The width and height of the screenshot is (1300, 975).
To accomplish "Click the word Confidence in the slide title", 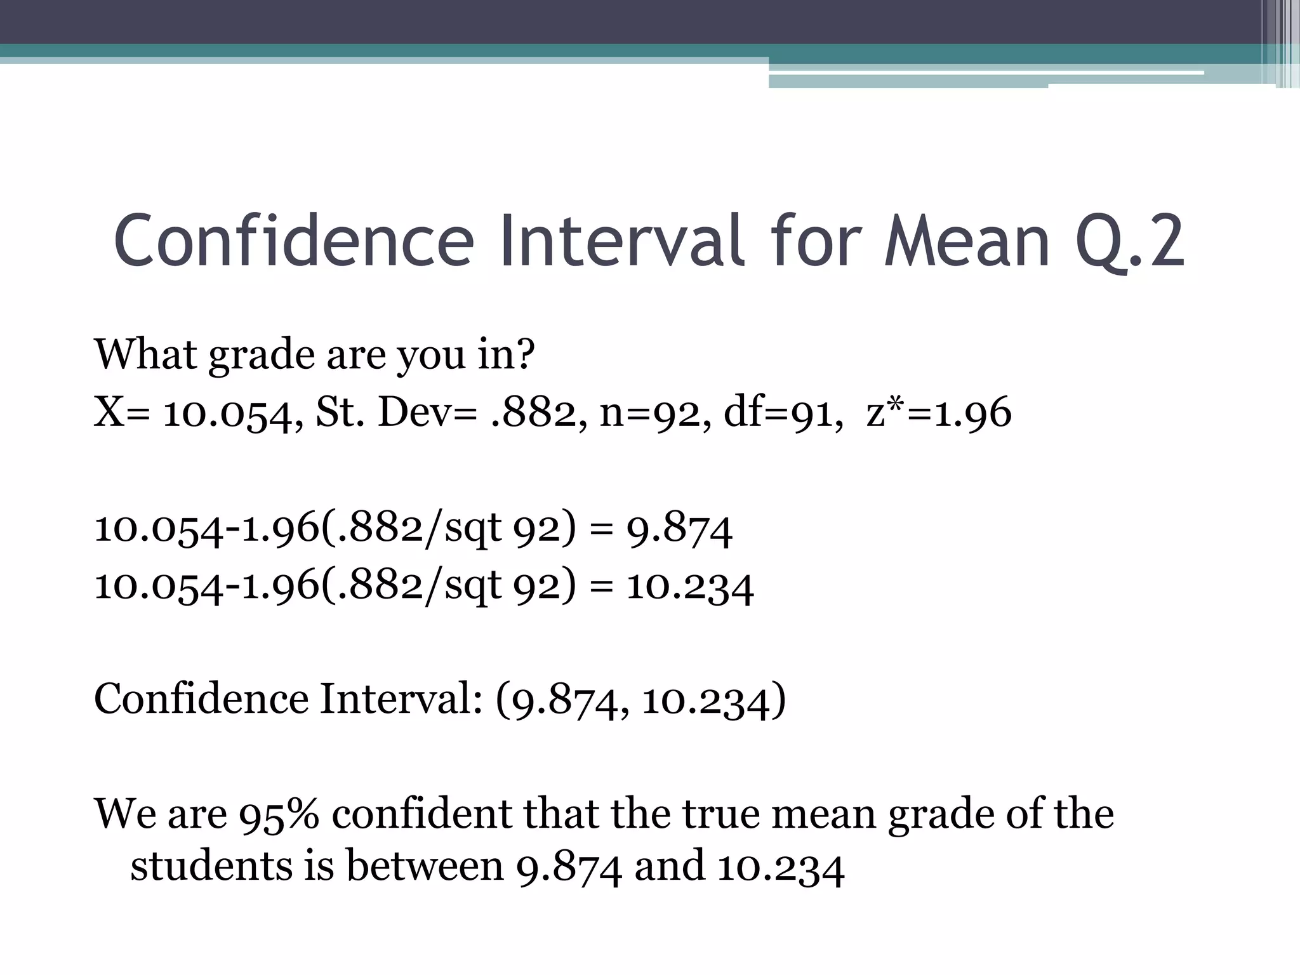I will [x=294, y=242].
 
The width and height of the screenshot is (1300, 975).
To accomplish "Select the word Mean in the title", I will [x=966, y=242].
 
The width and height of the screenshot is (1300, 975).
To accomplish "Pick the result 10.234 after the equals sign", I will [x=690, y=587].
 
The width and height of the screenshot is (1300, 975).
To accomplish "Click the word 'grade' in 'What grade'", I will [x=262, y=355].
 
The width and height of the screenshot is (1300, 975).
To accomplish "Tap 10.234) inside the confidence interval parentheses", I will [x=713, y=700].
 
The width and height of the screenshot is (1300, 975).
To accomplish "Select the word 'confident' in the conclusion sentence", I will [x=421, y=814].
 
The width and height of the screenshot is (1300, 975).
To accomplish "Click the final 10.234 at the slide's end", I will [x=781, y=867].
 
